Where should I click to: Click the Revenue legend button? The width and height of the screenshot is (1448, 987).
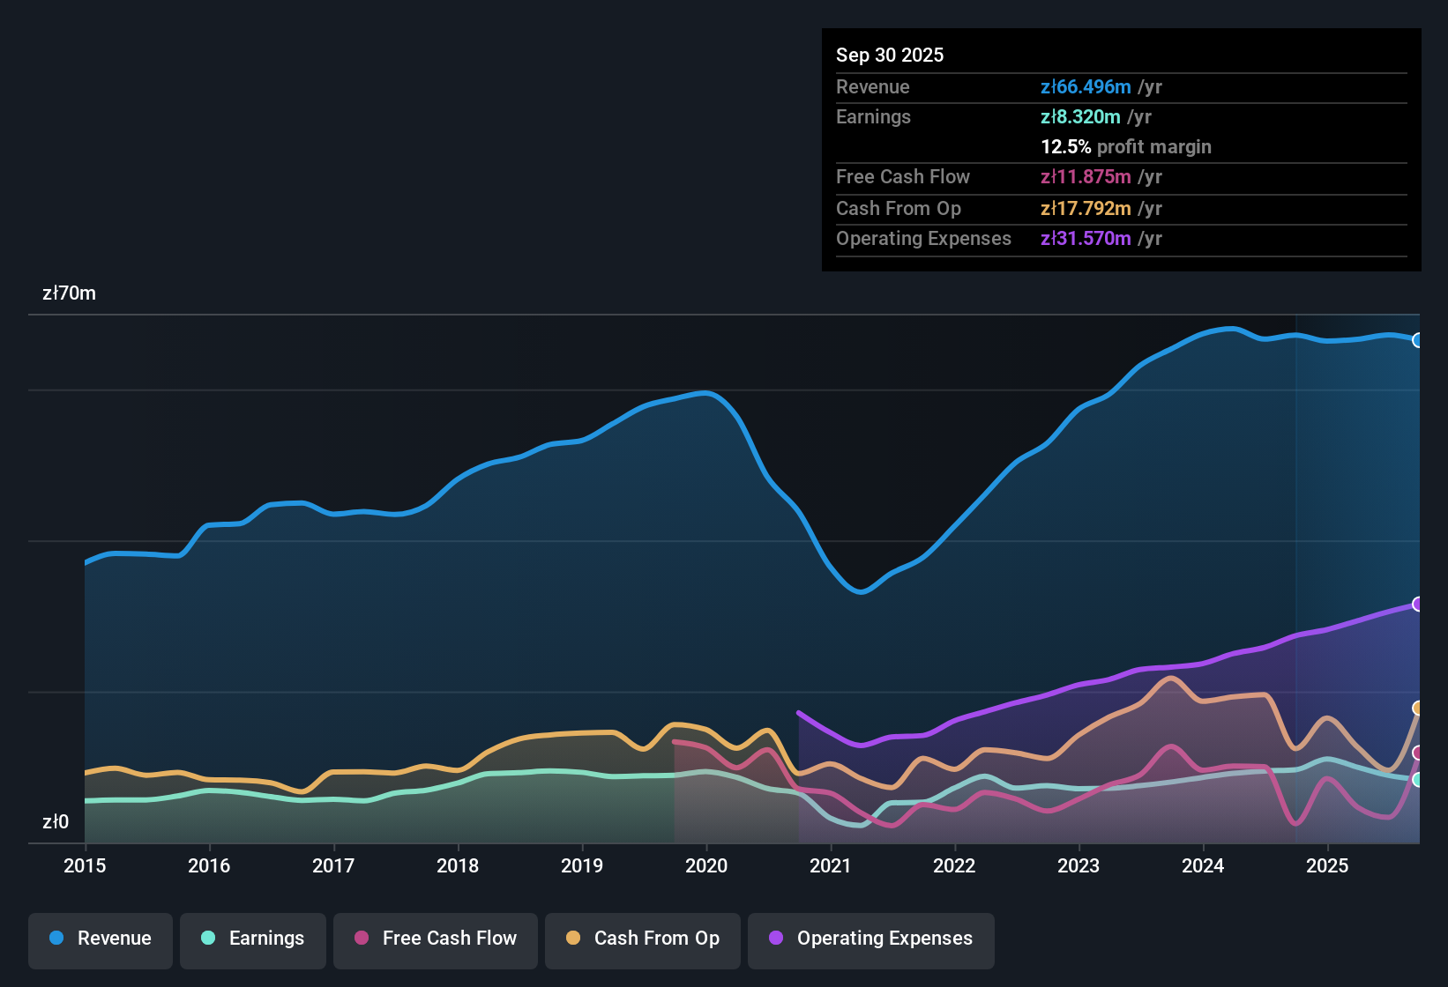(101, 939)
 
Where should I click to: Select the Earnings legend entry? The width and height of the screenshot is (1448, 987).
(253, 939)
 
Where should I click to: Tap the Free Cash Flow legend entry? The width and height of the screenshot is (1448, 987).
(436, 939)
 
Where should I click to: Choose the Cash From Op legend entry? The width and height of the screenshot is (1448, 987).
(643, 939)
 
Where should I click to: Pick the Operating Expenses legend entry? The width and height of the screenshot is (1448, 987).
(871, 939)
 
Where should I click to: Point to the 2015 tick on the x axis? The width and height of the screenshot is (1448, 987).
(85, 865)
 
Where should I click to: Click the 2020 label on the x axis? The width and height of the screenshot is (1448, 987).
(706, 865)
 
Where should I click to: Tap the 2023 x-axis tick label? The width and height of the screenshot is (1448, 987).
(1079, 865)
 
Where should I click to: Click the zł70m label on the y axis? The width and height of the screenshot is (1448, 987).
(69, 293)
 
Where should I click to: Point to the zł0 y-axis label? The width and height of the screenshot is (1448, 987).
(56, 822)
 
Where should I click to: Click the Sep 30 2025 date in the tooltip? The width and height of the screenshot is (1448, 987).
(890, 56)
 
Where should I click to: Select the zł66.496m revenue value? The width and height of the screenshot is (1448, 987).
(1086, 87)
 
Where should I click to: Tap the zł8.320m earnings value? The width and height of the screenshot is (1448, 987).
(1080, 117)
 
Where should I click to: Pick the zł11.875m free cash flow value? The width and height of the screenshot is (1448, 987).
(1086, 177)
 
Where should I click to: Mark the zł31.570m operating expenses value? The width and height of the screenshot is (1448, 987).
(1086, 239)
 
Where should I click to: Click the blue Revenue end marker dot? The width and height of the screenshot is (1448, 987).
(1417, 340)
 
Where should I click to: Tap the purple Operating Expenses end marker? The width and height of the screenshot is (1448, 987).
(1417, 604)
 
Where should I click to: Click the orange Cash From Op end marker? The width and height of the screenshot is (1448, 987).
(1417, 708)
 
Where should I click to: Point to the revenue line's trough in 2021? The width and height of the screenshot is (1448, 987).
(861, 592)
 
